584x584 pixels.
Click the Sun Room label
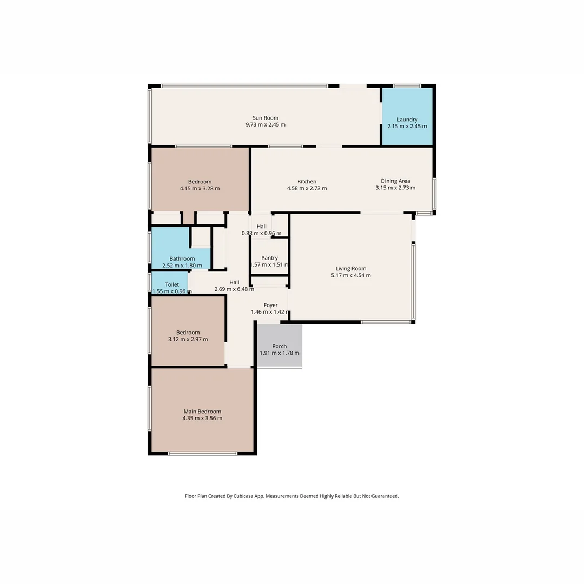pyautogui.click(x=266, y=118)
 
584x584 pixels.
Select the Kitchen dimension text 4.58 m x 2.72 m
pyautogui.click(x=307, y=189)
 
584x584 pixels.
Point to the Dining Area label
pyautogui.click(x=395, y=181)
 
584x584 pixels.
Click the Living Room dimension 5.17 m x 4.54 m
pyautogui.click(x=351, y=276)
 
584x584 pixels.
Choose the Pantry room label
pyautogui.click(x=269, y=258)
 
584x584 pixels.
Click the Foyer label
pyautogui.click(x=270, y=305)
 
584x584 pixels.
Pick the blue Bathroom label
pyautogui.click(x=182, y=258)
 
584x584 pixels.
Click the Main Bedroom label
pyautogui.click(x=202, y=412)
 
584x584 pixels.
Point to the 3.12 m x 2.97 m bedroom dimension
pyautogui.click(x=188, y=340)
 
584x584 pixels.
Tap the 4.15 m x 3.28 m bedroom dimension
pyautogui.click(x=200, y=189)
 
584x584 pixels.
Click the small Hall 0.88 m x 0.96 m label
pyautogui.click(x=262, y=227)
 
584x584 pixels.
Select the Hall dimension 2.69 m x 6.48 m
pyautogui.click(x=234, y=289)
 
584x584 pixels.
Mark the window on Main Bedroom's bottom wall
pyautogui.click(x=202, y=453)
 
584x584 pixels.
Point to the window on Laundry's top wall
pyautogui.click(x=407, y=85)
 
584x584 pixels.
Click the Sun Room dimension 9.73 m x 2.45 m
pyautogui.click(x=266, y=125)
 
